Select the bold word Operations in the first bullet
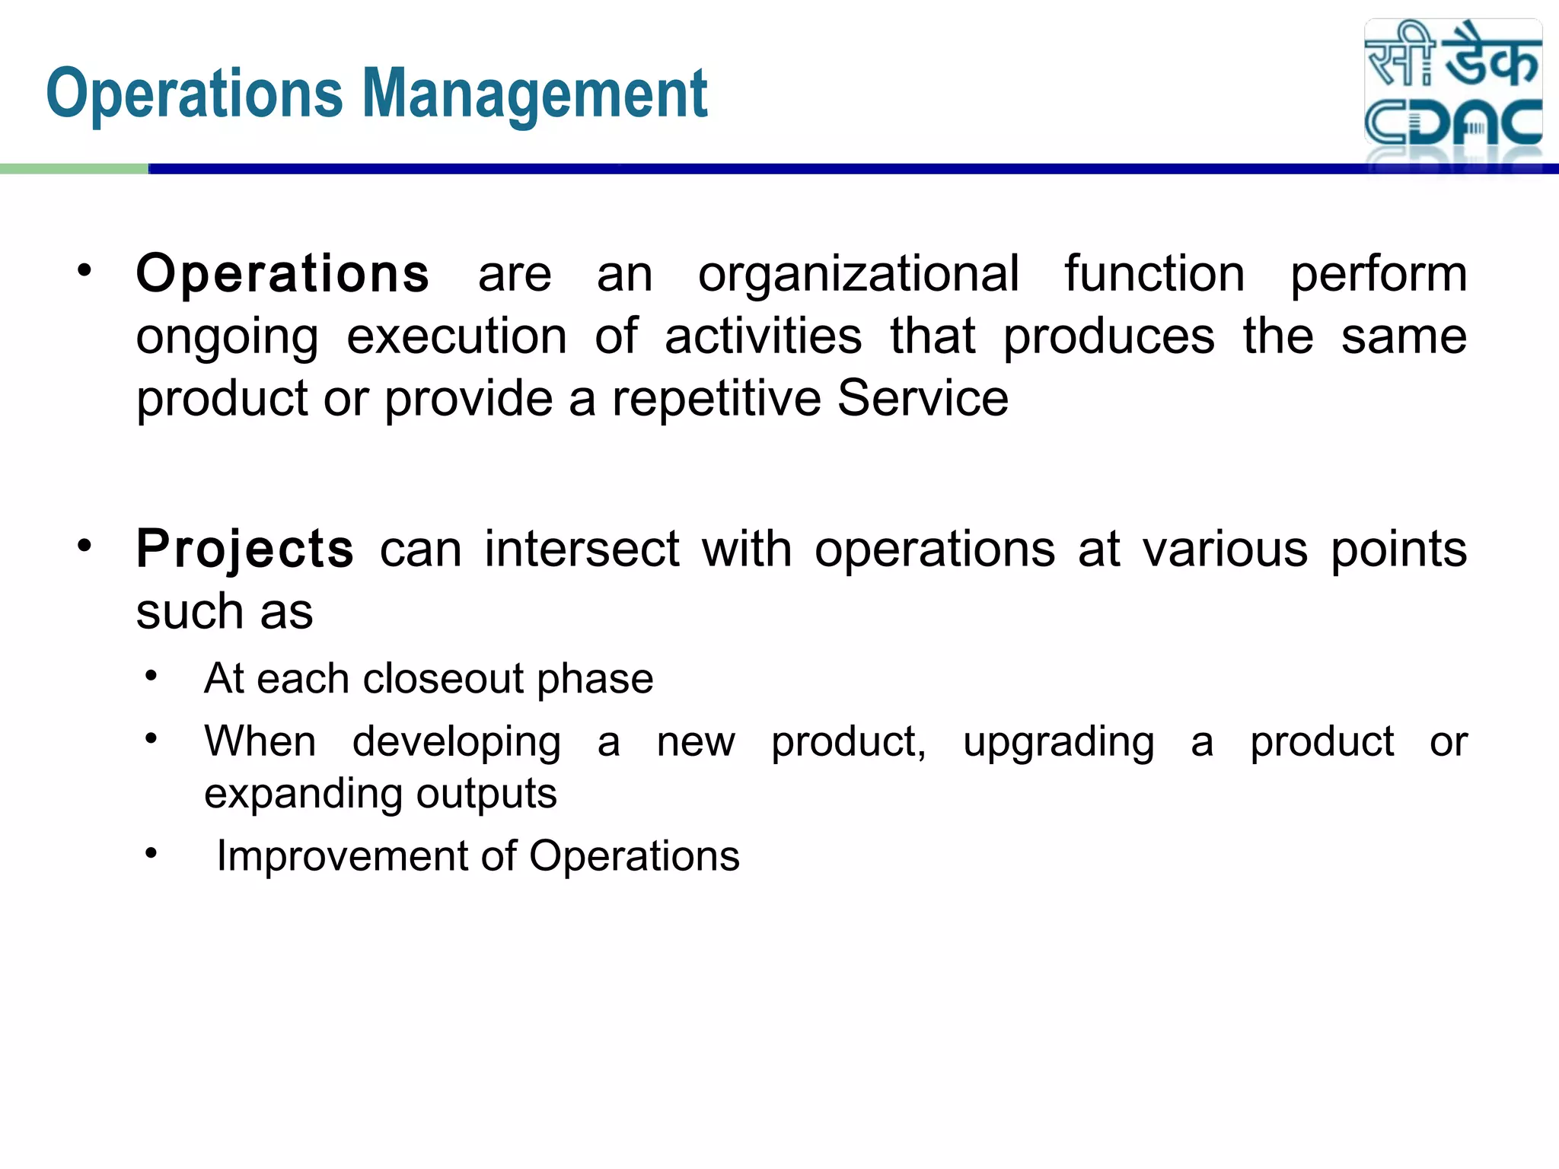coord(282,274)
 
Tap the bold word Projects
coord(245,549)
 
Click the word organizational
coord(858,274)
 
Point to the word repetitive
coord(716,399)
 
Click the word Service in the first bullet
coord(923,399)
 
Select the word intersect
coord(582,549)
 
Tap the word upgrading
coord(1058,742)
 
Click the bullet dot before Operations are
coord(84,270)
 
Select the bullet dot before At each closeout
coord(151,675)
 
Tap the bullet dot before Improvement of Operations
coord(151,853)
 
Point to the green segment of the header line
coord(74,169)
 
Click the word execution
coord(457,336)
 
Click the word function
coord(1154,274)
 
